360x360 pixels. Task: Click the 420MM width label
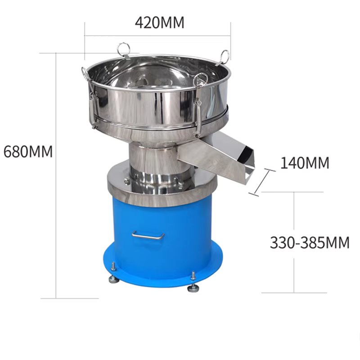pyautogui.click(x=160, y=22)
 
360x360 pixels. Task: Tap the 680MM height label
pyautogui.click(x=28, y=152)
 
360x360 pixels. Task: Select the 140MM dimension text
pyautogui.click(x=305, y=163)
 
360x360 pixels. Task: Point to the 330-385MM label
pyautogui.click(x=310, y=243)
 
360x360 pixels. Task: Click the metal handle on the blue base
pyautogui.click(x=148, y=236)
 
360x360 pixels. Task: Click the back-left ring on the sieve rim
pyautogui.click(x=124, y=49)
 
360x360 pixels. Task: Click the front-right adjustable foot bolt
pyautogui.click(x=193, y=282)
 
